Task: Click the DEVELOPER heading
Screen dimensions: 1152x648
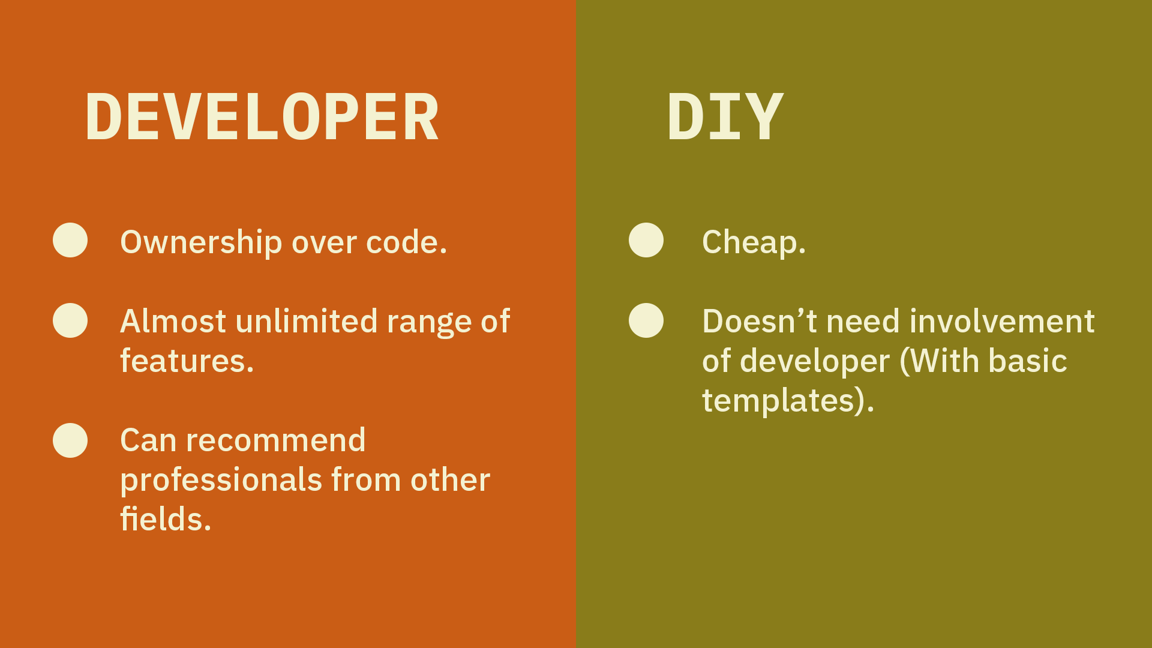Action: (x=262, y=117)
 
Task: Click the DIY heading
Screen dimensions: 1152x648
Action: (x=725, y=117)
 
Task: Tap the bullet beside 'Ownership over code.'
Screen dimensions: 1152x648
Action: (x=70, y=240)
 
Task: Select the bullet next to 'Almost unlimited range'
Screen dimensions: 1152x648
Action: (x=70, y=320)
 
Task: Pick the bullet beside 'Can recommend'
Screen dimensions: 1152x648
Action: (x=70, y=440)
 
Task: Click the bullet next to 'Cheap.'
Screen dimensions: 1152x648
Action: (x=646, y=240)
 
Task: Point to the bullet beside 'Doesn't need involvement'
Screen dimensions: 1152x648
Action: (x=646, y=320)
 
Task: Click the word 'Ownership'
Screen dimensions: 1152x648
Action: (x=201, y=243)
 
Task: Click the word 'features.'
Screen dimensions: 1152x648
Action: (x=187, y=361)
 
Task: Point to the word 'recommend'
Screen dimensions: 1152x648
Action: (x=276, y=440)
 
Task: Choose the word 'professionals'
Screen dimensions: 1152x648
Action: (x=221, y=481)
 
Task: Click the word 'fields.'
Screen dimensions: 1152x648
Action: (x=166, y=519)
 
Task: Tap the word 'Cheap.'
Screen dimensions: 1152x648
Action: (x=754, y=243)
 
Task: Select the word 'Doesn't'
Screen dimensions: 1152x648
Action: (x=760, y=321)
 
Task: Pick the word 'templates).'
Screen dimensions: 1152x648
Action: (x=788, y=401)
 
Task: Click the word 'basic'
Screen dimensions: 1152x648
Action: (x=1028, y=361)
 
